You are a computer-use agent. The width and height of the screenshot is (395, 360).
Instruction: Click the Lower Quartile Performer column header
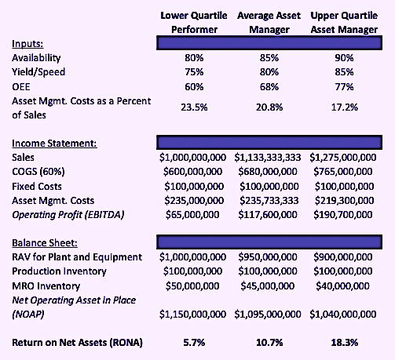click(194, 23)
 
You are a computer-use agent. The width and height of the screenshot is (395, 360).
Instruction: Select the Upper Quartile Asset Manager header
click(344, 23)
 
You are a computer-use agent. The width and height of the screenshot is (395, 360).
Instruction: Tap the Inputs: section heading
click(27, 44)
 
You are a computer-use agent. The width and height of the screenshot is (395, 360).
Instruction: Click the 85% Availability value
click(269, 58)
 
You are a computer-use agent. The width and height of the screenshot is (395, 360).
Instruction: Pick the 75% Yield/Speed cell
click(194, 72)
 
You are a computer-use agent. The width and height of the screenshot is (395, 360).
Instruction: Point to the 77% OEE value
click(344, 87)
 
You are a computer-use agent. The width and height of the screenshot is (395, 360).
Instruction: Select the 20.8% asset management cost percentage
click(269, 107)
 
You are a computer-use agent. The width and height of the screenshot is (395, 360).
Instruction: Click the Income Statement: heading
click(54, 144)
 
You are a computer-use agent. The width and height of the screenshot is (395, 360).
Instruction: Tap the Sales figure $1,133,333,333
click(268, 158)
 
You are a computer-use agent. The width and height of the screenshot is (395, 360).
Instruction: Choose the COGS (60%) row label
click(38, 172)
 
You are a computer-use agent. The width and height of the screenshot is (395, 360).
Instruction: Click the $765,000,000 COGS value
click(343, 172)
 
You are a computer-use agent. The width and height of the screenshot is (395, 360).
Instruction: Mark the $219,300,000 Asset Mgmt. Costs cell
click(344, 201)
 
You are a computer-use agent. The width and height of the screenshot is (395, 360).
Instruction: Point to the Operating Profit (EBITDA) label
click(68, 215)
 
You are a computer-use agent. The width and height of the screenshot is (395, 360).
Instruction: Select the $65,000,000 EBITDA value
click(192, 215)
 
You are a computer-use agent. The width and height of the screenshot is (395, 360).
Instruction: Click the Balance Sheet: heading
click(45, 243)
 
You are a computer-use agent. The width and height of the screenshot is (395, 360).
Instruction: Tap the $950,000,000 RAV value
click(268, 257)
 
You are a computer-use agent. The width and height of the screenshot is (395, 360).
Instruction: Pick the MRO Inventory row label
click(46, 286)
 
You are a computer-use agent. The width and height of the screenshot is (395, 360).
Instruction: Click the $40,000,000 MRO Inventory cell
click(342, 286)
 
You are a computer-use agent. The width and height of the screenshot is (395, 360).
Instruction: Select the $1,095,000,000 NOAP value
click(268, 315)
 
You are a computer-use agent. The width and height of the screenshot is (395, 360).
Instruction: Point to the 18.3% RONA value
click(345, 343)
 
